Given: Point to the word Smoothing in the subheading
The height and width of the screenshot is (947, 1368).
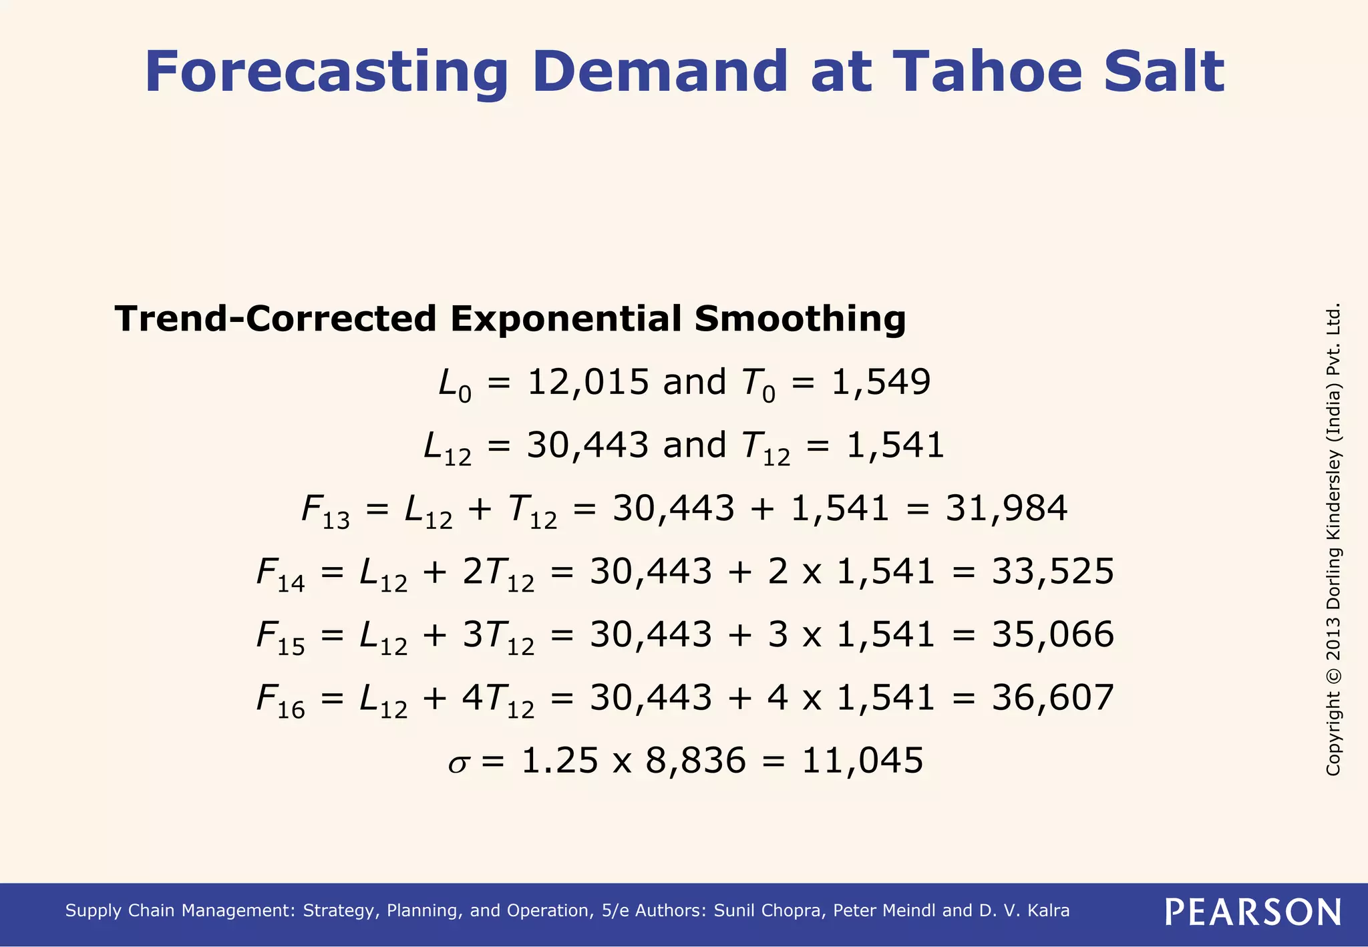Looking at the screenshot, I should [800, 319].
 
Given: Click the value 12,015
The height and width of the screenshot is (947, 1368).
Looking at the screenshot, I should [588, 383].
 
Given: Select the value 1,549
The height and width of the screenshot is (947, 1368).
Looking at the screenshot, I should [880, 383].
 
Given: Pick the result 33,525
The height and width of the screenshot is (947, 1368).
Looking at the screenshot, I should [1053, 572].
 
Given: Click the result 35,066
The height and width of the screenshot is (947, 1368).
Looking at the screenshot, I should [1053, 634].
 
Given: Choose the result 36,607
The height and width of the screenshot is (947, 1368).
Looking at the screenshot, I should [1053, 698].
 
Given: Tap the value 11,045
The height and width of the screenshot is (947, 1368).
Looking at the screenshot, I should [862, 761].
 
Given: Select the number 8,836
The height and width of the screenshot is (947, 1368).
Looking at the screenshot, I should [695, 761].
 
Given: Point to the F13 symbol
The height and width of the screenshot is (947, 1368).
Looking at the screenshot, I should [325, 511].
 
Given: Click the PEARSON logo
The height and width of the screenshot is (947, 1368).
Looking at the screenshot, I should [1252, 912].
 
